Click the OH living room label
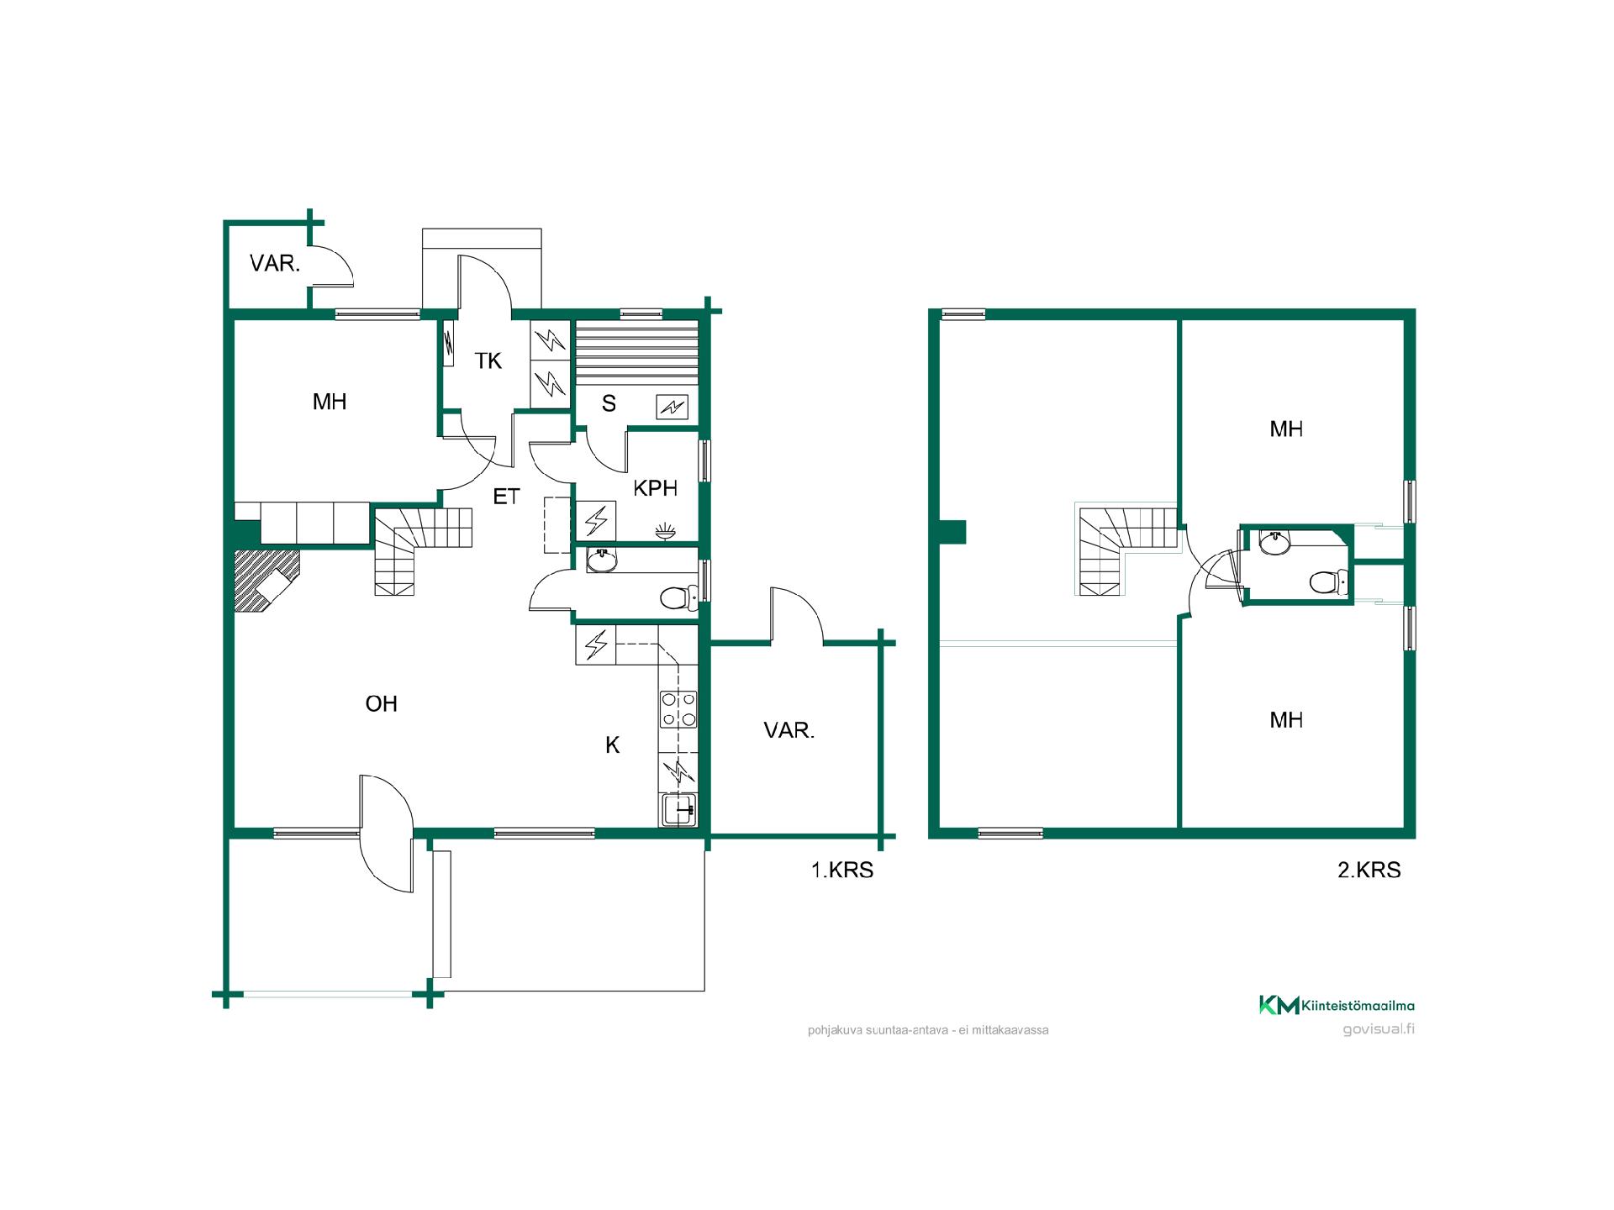pyautogui.click(x=381, y=703)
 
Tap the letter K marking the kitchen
pyautogui.click(x=613, y=744)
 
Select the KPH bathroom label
pyautogui.click(x=655, y=488)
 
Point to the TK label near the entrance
pyautogui.click(x=488, y=361)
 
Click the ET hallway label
pyautogui.click(x=506, y=497)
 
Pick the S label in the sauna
pyautogui.click(x=609, y=404)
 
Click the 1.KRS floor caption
pyautogui.click(x=841, y=870)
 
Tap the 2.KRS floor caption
pyautogui.click(x=1369, y=870)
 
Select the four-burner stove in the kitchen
pyautogui.click(x=678, y=708)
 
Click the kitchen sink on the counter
pyautogui.click(x=678, y=809)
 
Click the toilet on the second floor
pyautogui.click(x=1329, y=581)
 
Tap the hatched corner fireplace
pyautogui.click(x=266, y=580)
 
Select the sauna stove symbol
pyautogui.click(x=672, y=408)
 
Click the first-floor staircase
pyautogui.click(x=420, y=550)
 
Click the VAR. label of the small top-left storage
pyautogui.click(x=275, y=264)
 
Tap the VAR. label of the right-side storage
pyautogui.click(x=789, y=731)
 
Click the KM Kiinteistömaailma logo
pyautogui.click(x=1337, y=1005)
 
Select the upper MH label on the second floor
pyautogui.click(x=1286, y=429)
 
